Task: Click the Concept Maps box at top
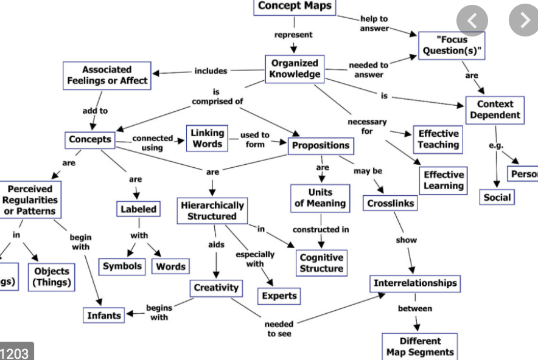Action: point(295,7)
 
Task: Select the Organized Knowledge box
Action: point(295,69)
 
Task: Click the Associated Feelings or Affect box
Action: point(107,75)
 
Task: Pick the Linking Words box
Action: point(208,138)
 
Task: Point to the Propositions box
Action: point(321,145)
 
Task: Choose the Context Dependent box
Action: point(495,109)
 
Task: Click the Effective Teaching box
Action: point(438,139)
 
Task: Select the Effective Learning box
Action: point(444,181)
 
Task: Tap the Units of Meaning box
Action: point(320,198)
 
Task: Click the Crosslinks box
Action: point(391,204)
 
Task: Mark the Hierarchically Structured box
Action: point(212,210)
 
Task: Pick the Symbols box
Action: point(122,266)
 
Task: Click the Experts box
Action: point(279,296)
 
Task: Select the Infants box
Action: point(104,315)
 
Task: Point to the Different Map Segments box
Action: point(420,347)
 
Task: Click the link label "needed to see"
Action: point(279,329)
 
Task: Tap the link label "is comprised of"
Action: point(217,97)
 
